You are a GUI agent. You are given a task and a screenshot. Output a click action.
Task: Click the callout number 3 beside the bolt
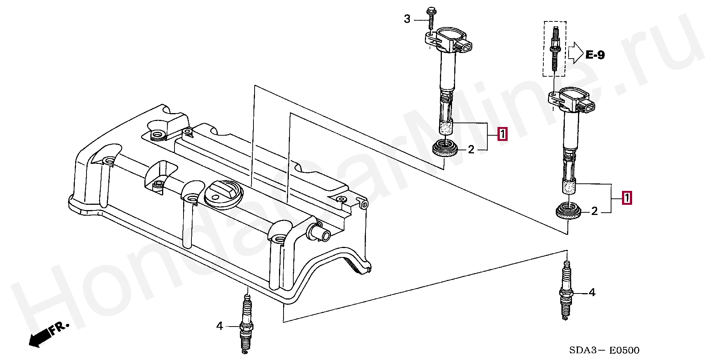pos(407,19)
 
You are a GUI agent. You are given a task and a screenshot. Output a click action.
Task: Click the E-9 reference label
pos(595,55)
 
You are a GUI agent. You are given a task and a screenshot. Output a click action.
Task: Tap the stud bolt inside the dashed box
pos(554,49)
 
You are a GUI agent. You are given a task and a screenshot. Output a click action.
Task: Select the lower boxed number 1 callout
pos(627,198)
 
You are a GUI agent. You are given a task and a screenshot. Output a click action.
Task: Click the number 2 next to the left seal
pos(471,150)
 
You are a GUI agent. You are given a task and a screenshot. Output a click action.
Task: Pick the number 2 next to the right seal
pos(595,211)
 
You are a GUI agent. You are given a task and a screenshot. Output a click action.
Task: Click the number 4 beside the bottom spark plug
pos(220,326)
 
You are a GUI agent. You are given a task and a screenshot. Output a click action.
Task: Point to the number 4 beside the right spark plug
pos(592,292)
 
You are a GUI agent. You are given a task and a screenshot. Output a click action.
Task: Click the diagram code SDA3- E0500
pos(604,350)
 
